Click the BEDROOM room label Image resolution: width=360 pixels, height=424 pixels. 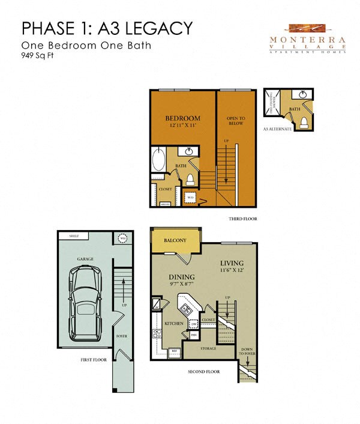click(x=182, y=118)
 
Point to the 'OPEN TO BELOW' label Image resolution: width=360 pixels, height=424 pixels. click(x=235, y=120)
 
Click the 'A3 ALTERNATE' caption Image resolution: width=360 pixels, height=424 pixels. click(x=277, y=129)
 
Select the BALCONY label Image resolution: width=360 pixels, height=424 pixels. click(x=175, y=240)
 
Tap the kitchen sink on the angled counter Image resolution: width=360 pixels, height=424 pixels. click(x=187, y=310)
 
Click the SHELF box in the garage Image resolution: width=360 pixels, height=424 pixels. click(x=74, y=236)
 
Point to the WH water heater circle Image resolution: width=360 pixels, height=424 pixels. click(x=122, y=238)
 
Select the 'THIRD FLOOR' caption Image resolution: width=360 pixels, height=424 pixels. click(x=242, y=219)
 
